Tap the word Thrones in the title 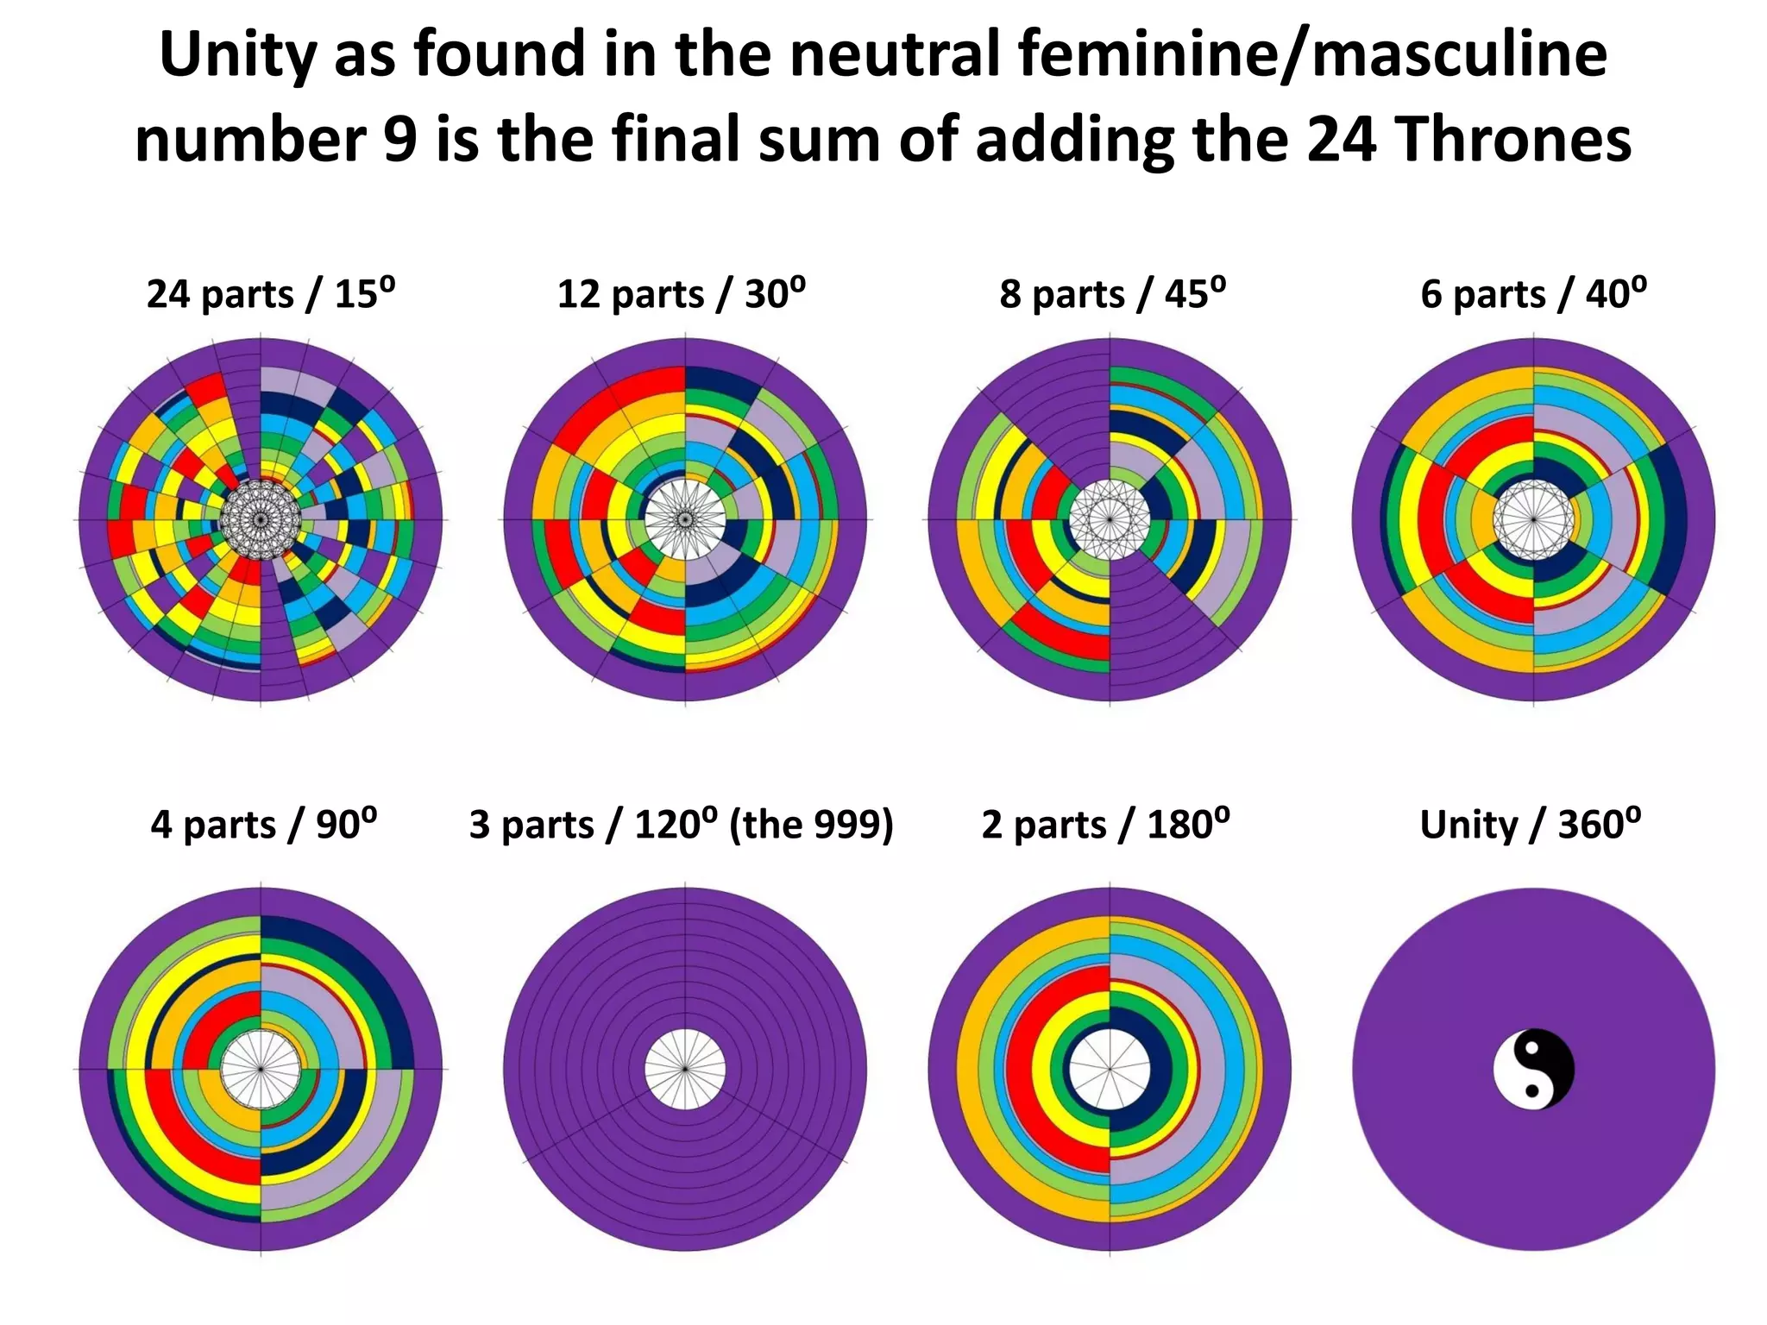(x=1512, y=140)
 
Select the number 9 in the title (x=400, y=140)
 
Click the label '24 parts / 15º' (x=271, y=293)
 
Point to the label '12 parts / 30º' (x=681, y=293)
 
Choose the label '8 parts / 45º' (x=1112, y=293)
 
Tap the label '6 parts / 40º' (x=1533, y=293)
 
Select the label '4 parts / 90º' (x=264, y=824)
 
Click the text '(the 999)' (x=811, y=824)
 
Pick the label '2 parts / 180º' (x=1105, y=824)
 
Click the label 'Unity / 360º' (x=1531, y=824)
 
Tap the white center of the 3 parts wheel (x=685, y=1070)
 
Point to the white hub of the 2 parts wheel (x=1110, y=1070)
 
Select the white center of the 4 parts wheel (x=261, y=1070)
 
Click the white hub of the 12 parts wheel (x=685, y=519)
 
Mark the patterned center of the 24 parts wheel (x=261, y=519)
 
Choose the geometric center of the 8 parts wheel (x=1110, y=519)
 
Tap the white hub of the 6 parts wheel (x=1533, y=519)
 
